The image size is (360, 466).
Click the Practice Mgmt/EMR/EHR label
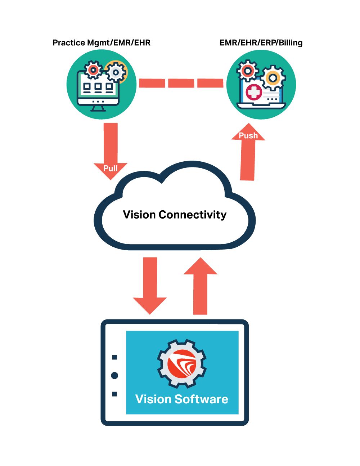[x=101, y=43]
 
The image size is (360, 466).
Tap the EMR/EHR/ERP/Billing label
[x=261, y=43]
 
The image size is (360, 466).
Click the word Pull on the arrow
[x=111, y=168]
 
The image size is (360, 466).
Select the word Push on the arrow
[x=248, y=136]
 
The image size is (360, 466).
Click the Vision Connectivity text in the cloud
[x=175, y=215]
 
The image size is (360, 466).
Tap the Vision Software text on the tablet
[x=182, y=399]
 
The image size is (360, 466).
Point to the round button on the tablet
[x=114, y=376]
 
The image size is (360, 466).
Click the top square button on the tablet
[x=114, y=357]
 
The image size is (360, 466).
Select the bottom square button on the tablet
[x=114, y=394]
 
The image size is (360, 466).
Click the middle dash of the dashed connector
[x=181, y=83]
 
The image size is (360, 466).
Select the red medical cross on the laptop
[x=254, y=92]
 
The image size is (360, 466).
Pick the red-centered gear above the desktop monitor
[x=93, y=70]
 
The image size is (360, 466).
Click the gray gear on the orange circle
[x=116, y=72]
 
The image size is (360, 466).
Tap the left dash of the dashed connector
[x=152, y=83]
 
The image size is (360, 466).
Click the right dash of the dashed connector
[x=210, y=83]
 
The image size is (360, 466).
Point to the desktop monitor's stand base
[x=98, y=108]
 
